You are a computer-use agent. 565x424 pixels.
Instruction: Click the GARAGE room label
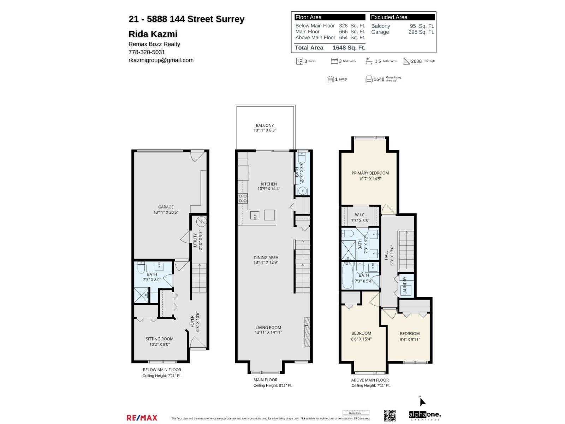(x=166, y=207)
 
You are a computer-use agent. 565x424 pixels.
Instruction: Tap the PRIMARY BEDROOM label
(x=370, y=173)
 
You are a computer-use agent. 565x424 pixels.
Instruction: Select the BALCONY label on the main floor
(x=264, y=125)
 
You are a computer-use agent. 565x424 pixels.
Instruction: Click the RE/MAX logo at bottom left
(x=142, y=418)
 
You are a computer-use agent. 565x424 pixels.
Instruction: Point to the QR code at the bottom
(x=389, y=416)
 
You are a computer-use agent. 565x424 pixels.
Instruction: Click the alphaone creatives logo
(x=424, y=415)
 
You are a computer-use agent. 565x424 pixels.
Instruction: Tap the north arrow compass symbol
(x=422, y=401)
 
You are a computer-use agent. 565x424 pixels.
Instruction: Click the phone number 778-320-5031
(x=147, y=52)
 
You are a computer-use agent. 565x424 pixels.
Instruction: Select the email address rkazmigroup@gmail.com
(x=161, y=60)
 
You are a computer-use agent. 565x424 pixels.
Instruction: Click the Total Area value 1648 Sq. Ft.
(x=349, y=48)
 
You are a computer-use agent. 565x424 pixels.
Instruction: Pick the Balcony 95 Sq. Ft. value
(x=422, y=26)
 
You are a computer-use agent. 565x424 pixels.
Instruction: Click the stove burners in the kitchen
(x=243, y=198)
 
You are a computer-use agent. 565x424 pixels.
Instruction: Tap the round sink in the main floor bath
(x=303, y=191)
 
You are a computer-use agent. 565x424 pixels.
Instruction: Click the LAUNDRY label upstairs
(x=405, y=286)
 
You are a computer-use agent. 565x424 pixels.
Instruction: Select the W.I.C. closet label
(x=360, y=215)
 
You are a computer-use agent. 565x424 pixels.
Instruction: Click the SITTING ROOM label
(x=159, y=339)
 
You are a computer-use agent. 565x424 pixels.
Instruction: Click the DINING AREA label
(x=266, y=258)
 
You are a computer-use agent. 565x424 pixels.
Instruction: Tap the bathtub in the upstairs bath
(x=347, y=276)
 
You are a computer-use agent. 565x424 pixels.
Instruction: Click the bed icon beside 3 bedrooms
(x=334, y=61)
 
